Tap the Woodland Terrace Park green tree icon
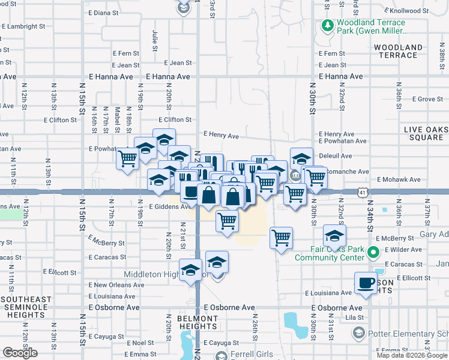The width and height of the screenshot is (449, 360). point(327,25)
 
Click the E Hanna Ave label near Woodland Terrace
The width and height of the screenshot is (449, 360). point(341,77)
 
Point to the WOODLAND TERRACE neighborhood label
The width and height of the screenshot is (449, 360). point(398,51)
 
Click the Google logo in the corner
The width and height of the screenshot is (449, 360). point(20,353)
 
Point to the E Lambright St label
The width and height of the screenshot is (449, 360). point(24,27)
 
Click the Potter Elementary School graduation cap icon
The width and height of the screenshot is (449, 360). point(358,332)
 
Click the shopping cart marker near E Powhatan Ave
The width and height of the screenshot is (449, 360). point(127,159)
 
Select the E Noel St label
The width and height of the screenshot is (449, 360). point(139,343)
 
